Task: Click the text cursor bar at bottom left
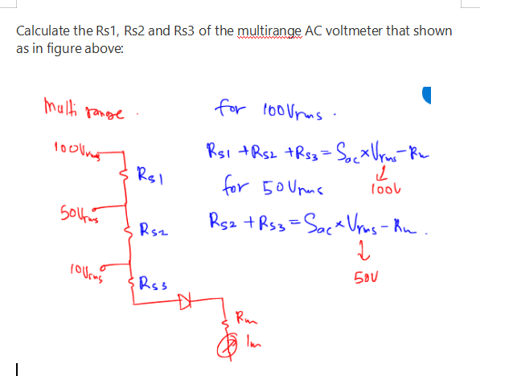click(x=18, y=366)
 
